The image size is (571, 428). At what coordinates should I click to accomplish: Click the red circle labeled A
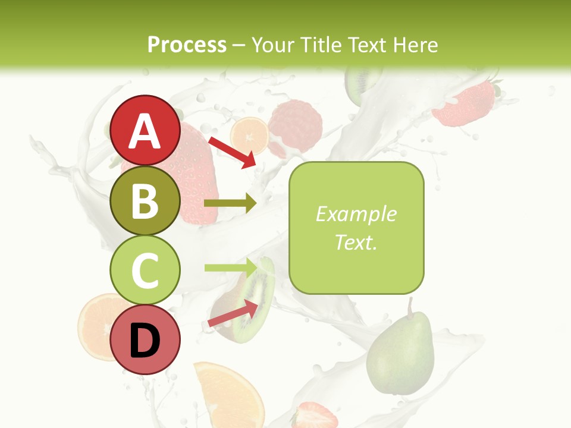click(145, 131)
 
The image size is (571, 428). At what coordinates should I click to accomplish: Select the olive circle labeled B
click(145, 201)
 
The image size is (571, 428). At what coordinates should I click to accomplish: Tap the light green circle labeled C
click(145, 270)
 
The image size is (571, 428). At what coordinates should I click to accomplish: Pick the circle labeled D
click(145, 339)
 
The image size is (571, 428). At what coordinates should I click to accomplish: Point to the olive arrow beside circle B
click(230, 203)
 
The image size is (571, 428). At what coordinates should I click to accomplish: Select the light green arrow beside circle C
click(230, 267)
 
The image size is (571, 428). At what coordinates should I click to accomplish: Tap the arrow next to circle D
click(233, 314)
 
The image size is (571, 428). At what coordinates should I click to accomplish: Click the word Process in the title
click(187, 45)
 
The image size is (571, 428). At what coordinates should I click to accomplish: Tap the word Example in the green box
click(356, 214)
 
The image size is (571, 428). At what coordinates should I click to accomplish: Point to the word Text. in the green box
click(356, 242)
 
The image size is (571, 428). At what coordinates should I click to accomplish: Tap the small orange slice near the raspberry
click(249, 136)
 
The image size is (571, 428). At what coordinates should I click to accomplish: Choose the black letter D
click(145, 341)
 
